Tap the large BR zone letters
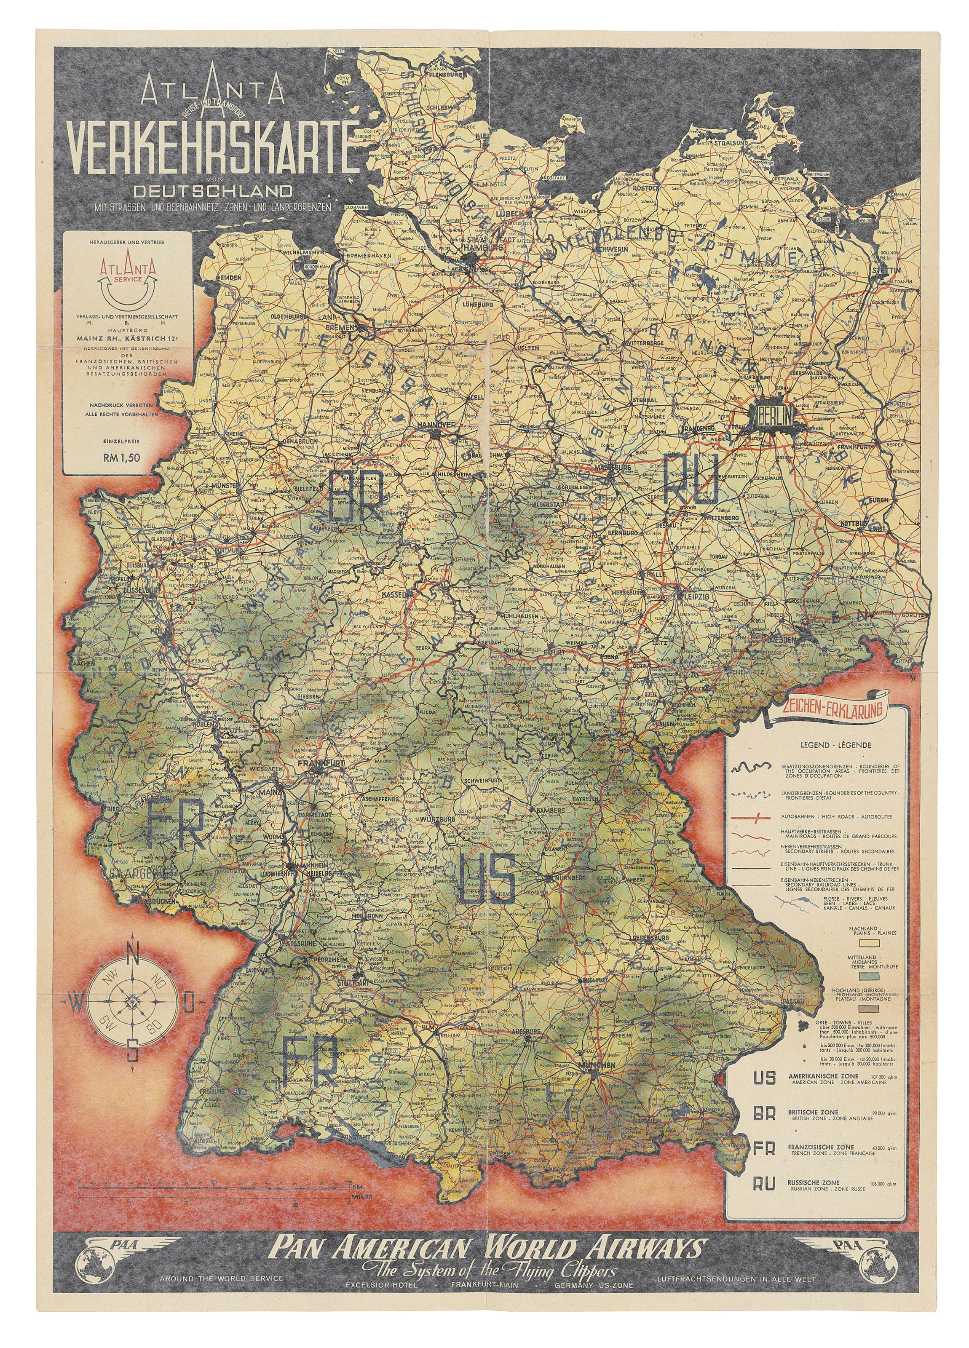[356, 495]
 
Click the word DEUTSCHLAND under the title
[213, 191]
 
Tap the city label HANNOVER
[435, 425]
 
